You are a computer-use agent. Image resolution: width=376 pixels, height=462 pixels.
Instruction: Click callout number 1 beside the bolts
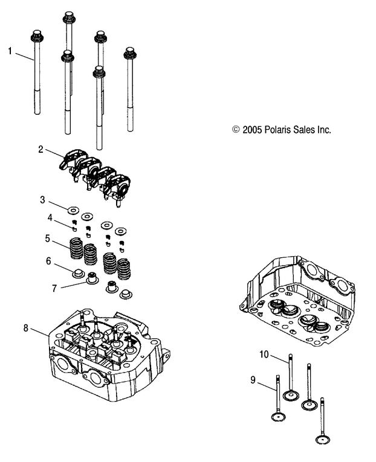(x=10, y=51)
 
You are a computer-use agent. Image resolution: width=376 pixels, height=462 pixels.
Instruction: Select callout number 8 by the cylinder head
(x=25, y=327)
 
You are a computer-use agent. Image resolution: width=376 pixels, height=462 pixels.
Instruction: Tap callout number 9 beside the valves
(x=253, y=380)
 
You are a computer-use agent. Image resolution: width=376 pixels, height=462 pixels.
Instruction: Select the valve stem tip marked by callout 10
(x=291, y=356)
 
